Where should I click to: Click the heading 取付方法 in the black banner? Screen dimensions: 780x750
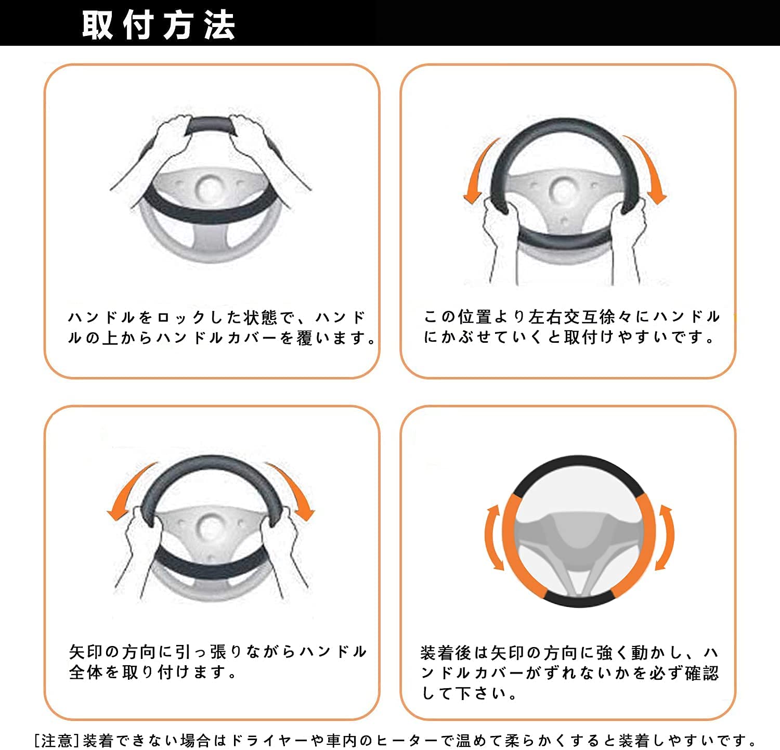(x=159, y=24)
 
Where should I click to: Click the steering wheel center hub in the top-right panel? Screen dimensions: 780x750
(x=563, y=190)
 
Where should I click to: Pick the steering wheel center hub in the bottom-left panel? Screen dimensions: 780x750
(x=210, y=526)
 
